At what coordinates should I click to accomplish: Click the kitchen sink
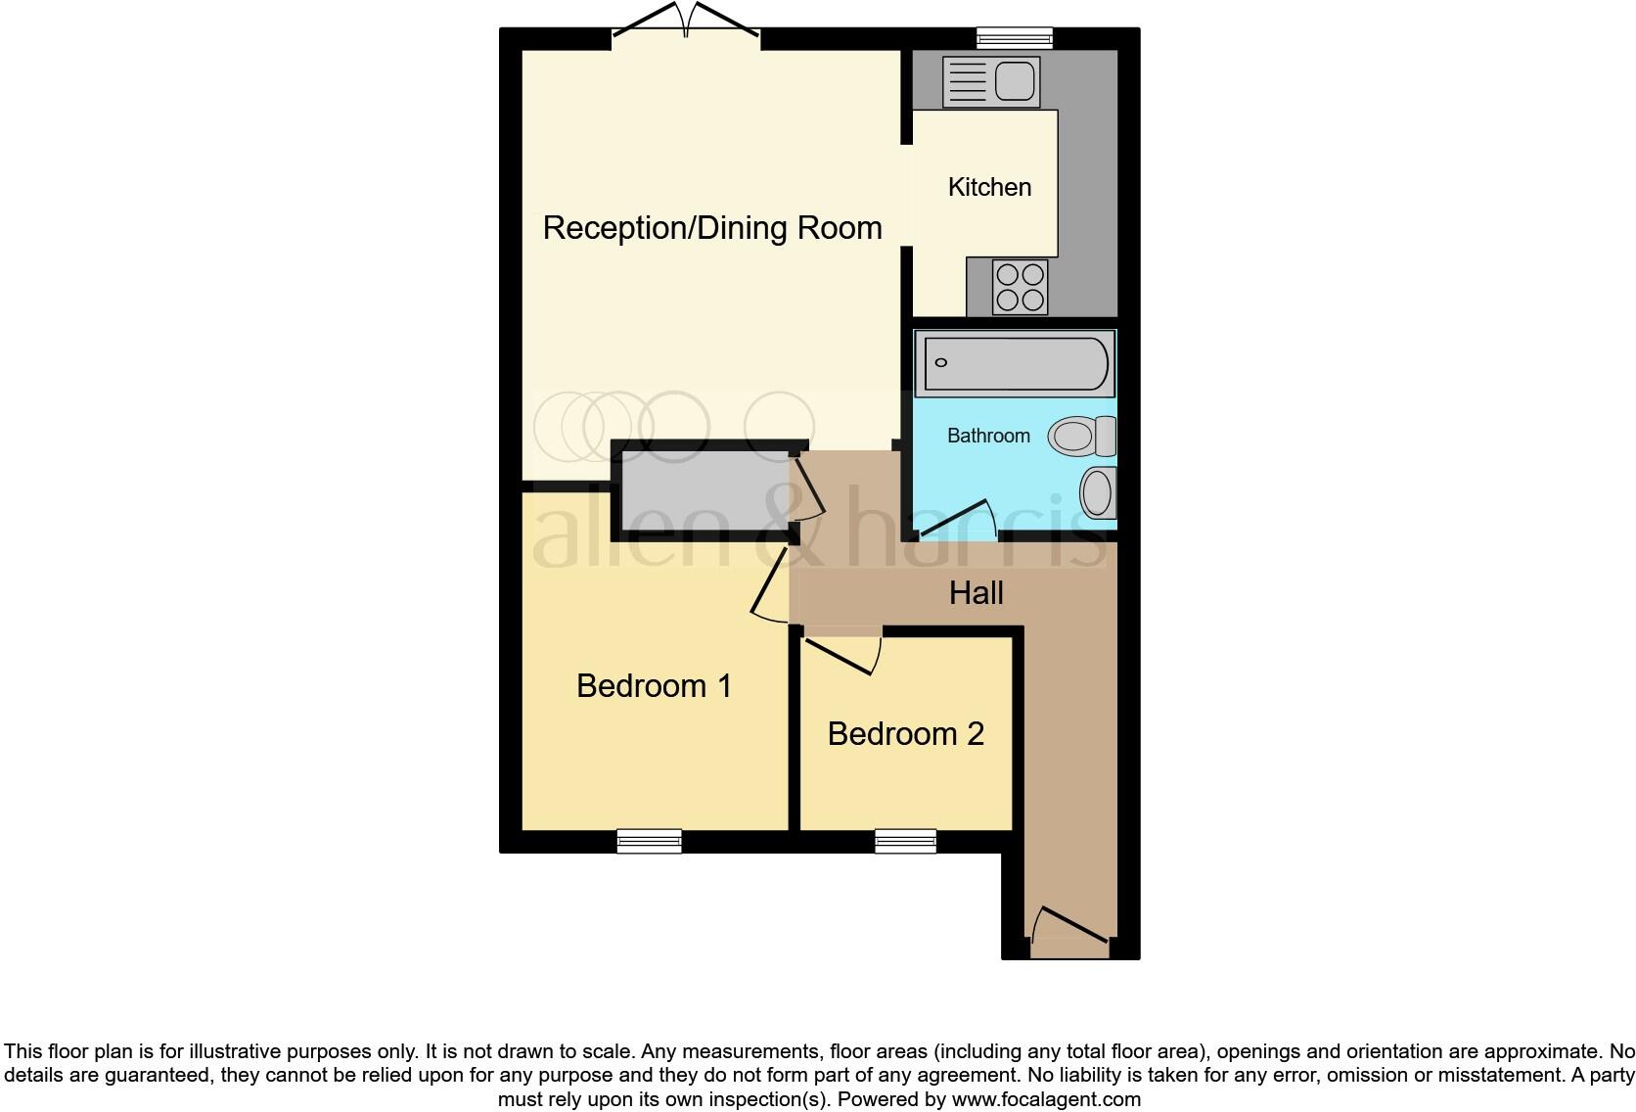click(x=989, y=81)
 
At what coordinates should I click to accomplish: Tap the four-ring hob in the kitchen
click(x=1020, y=287)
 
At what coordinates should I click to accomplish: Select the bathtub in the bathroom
click(x=1014, y=363)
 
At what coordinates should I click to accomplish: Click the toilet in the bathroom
click(x=1081, y=436)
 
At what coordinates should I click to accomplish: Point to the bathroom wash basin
click(x=1098, y=492)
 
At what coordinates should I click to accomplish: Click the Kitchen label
click(x=989, y=187)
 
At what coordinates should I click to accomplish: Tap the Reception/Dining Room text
click(x=712, y=228)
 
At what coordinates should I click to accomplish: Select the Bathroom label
click(x=988, y=436)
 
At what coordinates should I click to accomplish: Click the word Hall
click(x=976, y=593)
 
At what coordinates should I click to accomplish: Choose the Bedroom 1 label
click(x=654, y=686)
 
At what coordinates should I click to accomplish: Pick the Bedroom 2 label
click(x=905, y=734)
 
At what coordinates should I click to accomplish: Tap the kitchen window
click(x=1015, y=38)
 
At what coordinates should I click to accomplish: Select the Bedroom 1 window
click(x=649, y=841)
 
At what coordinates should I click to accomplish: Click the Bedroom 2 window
click(x=905, y=841)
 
